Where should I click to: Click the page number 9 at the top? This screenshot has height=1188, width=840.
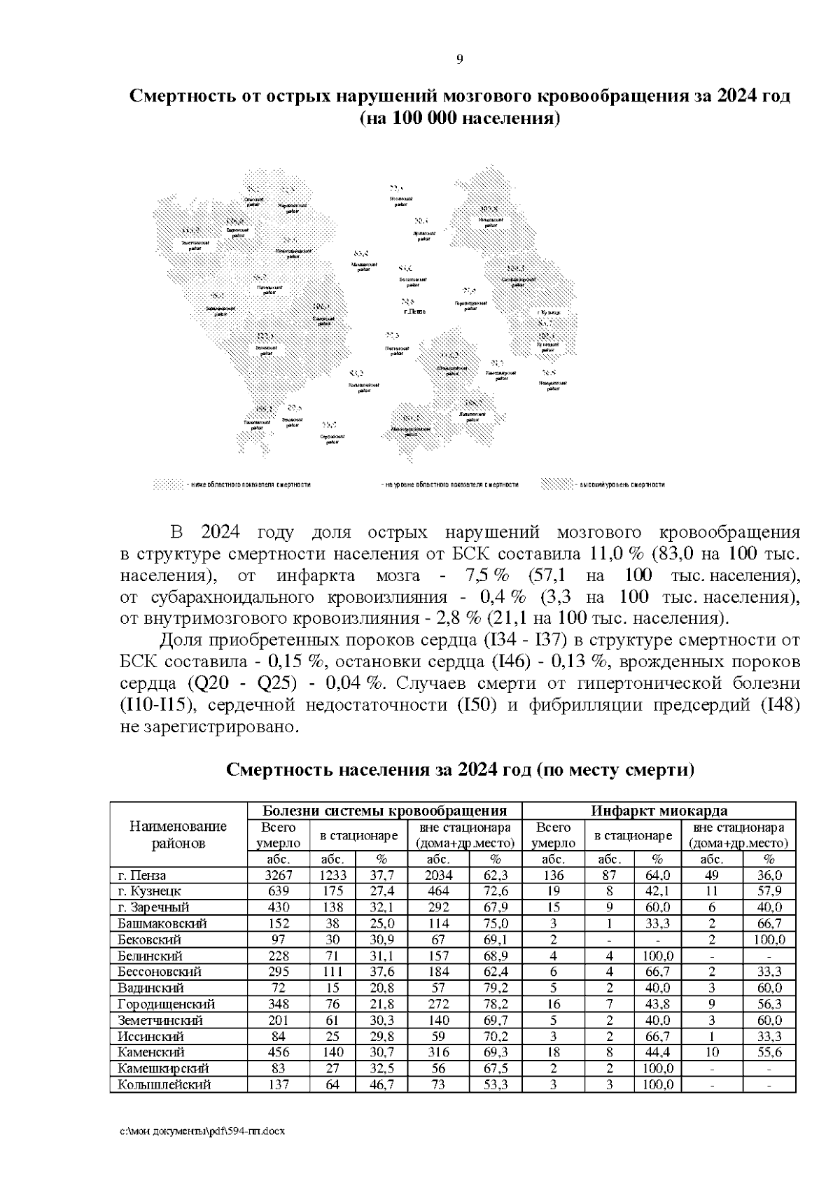(459, 60)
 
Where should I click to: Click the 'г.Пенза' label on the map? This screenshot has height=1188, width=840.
(414, 311)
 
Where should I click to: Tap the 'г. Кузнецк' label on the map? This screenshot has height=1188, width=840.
(549, 312)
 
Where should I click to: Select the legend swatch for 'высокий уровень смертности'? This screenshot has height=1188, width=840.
(557, 484)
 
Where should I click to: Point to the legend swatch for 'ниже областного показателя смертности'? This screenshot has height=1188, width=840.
(167, 484)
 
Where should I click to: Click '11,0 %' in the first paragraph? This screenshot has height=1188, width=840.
(617, 554)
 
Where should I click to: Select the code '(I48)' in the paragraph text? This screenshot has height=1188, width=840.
(780, 704)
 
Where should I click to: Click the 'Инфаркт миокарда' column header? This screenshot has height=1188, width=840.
(659, 811)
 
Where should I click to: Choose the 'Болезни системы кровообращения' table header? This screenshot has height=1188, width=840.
(384, 811)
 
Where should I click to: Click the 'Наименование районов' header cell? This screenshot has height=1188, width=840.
(178, 834)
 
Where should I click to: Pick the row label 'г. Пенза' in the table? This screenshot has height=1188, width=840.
(142, 875)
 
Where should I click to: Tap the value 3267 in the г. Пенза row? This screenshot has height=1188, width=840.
(278, 875)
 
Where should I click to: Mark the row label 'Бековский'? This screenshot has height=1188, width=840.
(150, 939)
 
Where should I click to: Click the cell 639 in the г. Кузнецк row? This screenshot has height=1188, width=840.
(278, 891)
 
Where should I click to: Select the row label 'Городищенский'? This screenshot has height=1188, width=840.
(167, 1004)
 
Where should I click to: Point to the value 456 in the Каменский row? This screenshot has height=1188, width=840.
(278, 1052)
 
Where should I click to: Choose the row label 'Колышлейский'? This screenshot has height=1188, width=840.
(164, 1084)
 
